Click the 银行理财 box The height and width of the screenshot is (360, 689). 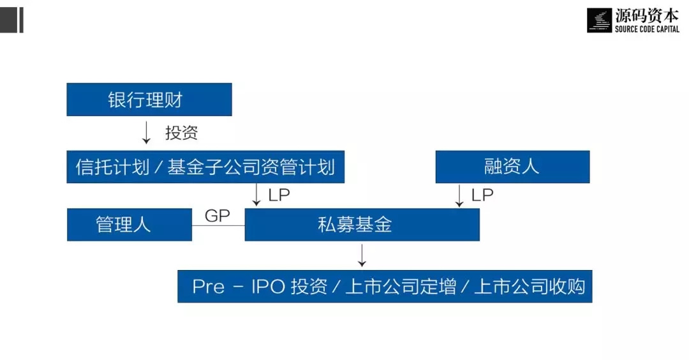(x=149, y=100)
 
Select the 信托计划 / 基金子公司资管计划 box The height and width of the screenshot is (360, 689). (x=205, y=167)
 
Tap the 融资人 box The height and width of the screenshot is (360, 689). (x=512, y=167)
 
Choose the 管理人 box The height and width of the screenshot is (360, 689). (x=129, y=225)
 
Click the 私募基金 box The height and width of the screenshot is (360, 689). (x=362, y=225)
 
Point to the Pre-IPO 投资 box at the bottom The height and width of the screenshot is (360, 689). (x=385, y=286)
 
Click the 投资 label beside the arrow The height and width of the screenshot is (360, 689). (x=181, y=132)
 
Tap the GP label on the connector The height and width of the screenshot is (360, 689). (x=217, y=215)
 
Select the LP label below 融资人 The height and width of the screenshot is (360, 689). (x=482, y=195)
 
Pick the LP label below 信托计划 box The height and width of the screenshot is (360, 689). (x=279, y=195)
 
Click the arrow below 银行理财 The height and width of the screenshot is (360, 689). (x=146, y=132)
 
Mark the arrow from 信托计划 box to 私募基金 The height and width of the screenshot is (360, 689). (x=256, y=195)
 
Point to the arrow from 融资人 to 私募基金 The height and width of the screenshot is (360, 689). (x=459, y=195)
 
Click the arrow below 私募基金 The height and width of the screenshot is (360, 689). (x=362, y=255)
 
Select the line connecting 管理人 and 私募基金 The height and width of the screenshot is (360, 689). (x=218, y=225)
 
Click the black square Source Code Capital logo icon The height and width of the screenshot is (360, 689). (x=599, y=20)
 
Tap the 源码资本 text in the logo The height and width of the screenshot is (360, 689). (x=647, y=16)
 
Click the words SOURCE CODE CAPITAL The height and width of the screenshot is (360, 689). (x=647, y=29)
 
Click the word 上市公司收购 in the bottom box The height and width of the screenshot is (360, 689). (x=530, y=287)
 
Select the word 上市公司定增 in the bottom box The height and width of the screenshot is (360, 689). (x=401, y=287)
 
